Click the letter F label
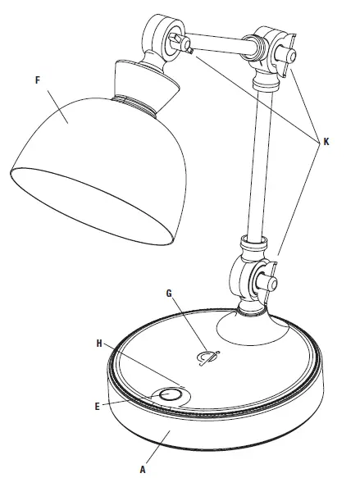coord(37,80)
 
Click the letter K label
coord(326,140)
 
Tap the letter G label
coord(169,292)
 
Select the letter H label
coord(99,344)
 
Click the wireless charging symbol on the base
coord(208,355)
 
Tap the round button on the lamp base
coord(170,395)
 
